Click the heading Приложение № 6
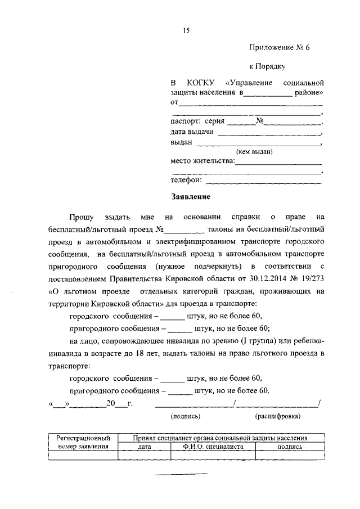click(280, 48)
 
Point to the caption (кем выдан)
click(254, 152)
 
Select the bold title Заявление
click(191, 197)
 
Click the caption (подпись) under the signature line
click(185, 417)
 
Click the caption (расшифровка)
click(277, 417)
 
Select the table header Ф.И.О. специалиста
click(213, 446)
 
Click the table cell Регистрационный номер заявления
click(83, 442)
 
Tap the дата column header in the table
click(144, 446)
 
